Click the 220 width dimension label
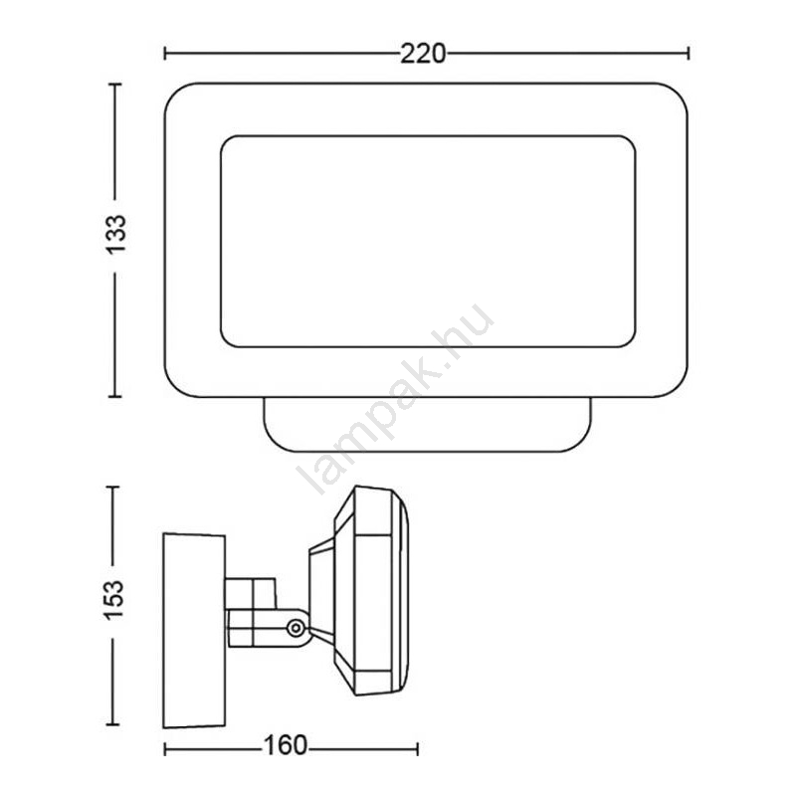point(423,54)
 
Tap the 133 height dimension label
point(115,234)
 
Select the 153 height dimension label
point(113,599)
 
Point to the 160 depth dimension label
point(286,745)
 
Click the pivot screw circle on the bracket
point(296,628)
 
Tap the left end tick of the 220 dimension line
point(165,54)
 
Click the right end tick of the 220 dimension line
point(689,54)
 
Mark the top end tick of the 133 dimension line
point(115,84)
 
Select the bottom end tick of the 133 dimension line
point(115,396)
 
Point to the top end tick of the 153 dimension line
point(112,487)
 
